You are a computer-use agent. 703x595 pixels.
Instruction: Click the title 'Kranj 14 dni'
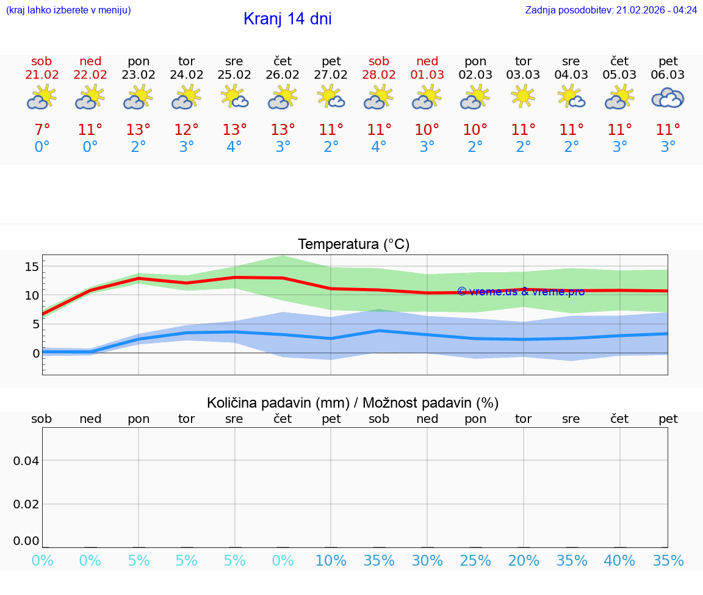(x=287, y=19)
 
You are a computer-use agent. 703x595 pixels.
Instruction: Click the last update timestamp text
(x=611, y=10)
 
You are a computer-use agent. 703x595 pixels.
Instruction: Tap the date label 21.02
(x=42, y=75)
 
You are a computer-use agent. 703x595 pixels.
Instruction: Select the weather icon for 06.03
(x=668, y=98)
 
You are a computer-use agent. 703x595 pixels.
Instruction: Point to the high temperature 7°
(x=42, y=130)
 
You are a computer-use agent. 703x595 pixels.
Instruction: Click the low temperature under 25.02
(x=234, y=147)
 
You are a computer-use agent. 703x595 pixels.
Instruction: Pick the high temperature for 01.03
(x=427, y=130)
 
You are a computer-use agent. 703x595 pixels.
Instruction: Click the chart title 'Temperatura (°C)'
(x=353, y=245)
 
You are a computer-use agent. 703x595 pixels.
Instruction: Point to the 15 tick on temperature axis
(x=32, y=266)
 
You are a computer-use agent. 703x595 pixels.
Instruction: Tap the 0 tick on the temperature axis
(x=35, y=353)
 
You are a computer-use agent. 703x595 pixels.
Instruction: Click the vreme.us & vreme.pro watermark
(x=521, y=292)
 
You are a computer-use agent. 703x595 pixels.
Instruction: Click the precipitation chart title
(x=353, y=403)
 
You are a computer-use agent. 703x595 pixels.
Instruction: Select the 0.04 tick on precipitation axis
(x=26, y=460)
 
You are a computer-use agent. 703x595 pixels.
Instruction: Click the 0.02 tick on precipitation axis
(x=26, y=504)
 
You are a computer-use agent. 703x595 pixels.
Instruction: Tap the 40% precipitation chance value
(x=620, y=561)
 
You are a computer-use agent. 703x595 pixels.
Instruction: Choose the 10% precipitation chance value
(x=331, y=561)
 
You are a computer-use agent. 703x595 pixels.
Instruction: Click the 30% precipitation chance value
(x=427, y=561)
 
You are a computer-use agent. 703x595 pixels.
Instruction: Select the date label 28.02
(x=379, y=75)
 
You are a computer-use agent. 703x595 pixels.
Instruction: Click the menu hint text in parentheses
(x=68, y=10)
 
